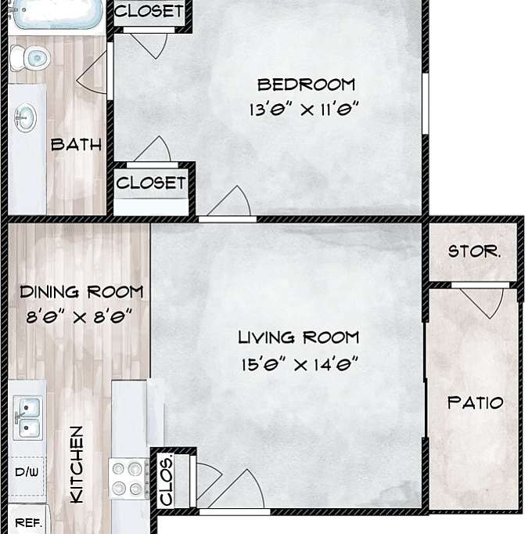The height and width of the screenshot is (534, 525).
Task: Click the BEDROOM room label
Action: click(x=306, y=85)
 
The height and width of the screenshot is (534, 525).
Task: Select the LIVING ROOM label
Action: click(x=298, y=337)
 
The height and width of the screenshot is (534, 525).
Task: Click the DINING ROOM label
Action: click(x=81, y=292)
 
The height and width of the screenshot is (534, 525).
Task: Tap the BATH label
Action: click(x=76, y=145)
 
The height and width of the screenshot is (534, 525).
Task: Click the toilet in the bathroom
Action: click(x=30, y=56)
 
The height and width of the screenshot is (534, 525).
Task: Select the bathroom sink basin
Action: click(x=25, y=118)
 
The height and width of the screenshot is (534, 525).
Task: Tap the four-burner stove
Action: click(x=128, y=478)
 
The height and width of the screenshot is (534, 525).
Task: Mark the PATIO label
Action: click(x=474, y=403)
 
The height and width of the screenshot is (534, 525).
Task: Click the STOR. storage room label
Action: click(x=474, y=251)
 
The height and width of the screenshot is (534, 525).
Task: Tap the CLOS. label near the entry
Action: click(x=167, y=479)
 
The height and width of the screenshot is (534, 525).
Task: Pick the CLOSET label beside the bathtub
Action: click(x=149, y=13)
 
